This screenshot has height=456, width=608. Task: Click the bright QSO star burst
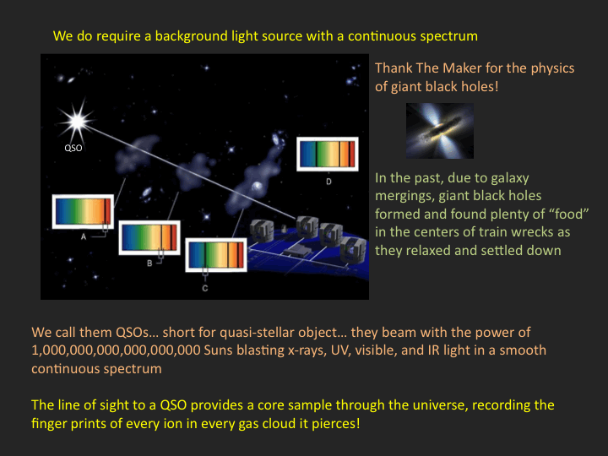click(77, 121)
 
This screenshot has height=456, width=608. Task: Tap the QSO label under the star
click(73, 148)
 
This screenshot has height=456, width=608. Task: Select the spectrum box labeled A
click(83, 211)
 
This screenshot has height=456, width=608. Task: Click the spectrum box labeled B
click(149, 237)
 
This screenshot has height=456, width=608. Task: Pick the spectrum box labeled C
click(216, 255)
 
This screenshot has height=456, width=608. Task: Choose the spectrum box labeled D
click(328, 154)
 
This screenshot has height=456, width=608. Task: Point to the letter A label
click(84, 236)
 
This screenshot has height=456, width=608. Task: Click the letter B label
click(149, 263)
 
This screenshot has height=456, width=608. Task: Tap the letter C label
click(205, 288)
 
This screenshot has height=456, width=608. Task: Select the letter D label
click(328, 182)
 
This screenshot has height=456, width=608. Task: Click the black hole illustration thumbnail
click(440, 131)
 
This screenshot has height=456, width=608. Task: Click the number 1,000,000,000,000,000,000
click(116, 350)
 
